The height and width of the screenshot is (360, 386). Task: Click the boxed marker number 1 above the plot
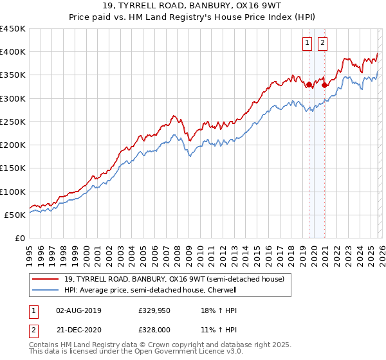coord(306,43)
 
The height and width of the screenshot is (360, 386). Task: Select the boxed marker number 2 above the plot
coord(322,43)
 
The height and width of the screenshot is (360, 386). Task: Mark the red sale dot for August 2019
coord(309,84)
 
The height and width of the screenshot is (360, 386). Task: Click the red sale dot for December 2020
coord(325,85)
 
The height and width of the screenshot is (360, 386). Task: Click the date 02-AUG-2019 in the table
coord(78,310)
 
